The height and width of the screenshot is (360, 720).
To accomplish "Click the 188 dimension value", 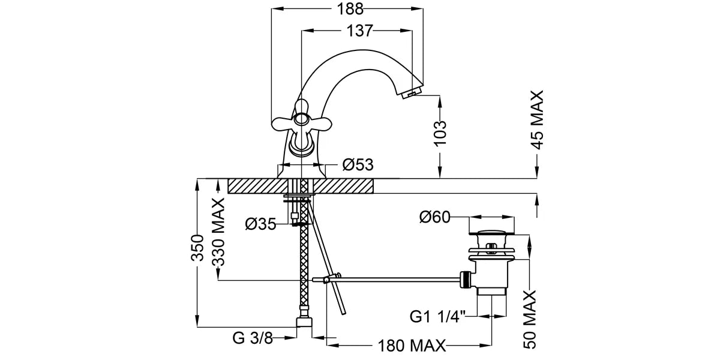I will pos(351,9).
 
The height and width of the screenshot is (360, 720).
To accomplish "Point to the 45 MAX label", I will pos(537,119).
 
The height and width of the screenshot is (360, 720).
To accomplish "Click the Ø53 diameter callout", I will pos(358,164).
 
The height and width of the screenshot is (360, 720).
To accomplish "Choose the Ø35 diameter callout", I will pos(260,224).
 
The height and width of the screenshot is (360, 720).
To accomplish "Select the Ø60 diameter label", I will pos(435,217).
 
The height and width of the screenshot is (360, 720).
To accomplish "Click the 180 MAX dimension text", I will pos(412,346).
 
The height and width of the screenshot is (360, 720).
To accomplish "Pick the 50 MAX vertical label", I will pos(529,319).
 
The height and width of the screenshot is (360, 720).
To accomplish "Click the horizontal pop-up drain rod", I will pos(396,278).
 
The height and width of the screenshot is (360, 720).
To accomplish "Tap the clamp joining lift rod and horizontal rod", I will pos(327,279).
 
